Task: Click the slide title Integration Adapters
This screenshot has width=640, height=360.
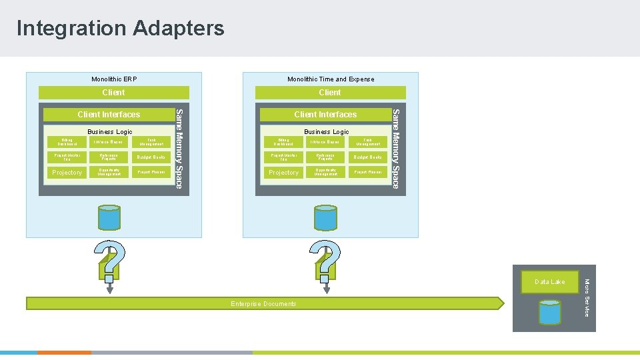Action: click(x=121, y=28)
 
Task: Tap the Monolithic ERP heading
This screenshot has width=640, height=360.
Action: click(x=114, y=79)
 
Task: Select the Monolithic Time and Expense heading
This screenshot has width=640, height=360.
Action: click(x=331, y=79)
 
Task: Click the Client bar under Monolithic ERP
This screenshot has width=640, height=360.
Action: click(x=113, y=93)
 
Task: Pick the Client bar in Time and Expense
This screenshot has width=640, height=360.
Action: click(x=330, y=93)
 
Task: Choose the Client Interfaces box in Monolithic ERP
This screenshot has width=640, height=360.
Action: click(x=109, y=115)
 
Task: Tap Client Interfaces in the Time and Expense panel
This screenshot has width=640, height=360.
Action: click(x=325, y=115)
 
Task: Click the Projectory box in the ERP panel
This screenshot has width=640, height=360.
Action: click(x=67, y=173)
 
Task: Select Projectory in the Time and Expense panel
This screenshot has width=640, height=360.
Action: click(x=283, y=173)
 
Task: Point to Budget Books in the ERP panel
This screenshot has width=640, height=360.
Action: click(x=150, y=157)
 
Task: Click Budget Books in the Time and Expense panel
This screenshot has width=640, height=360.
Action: click(x=367, y=157)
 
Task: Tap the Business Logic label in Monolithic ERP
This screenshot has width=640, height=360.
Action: click(x=110, y=132)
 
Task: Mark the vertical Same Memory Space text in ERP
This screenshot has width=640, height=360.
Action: click(x=178, y=148)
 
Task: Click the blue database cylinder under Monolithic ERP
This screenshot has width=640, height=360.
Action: click(x=110, y=217)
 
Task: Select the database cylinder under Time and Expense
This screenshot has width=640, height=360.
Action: click(x=327, y=217)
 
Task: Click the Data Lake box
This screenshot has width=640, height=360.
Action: click(x=549, y=282)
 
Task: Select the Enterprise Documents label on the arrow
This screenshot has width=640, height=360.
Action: click(x=263, y=304)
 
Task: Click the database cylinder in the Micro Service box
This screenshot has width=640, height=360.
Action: click(x=550, y=312)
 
